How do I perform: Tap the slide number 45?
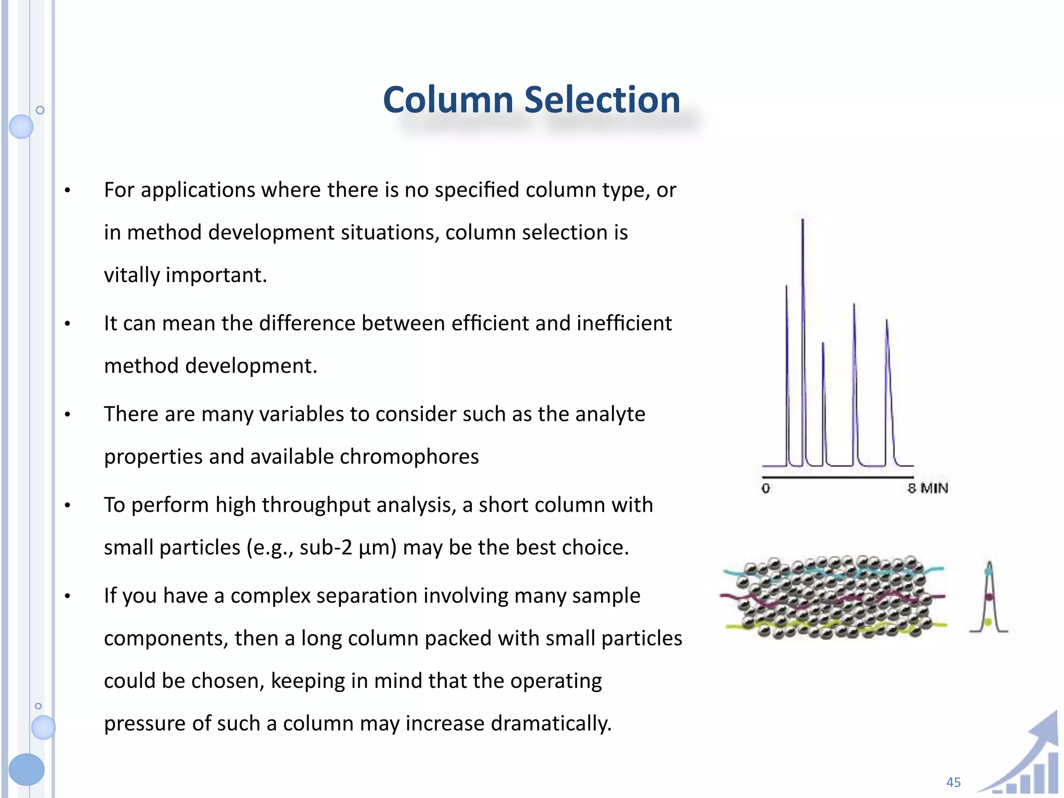tap(953, 782)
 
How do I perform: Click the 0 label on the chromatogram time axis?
tap(765, 488)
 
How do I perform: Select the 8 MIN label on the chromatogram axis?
tap(928, 488)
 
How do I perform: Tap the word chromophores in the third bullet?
tap(409, 457)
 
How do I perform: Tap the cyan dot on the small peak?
tap(989, 571)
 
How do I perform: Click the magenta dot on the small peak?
tap(989, 597)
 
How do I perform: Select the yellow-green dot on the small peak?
tap(988, 622)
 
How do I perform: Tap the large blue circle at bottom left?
tap(26, 769)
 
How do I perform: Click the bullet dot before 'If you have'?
tap(68, 596)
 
